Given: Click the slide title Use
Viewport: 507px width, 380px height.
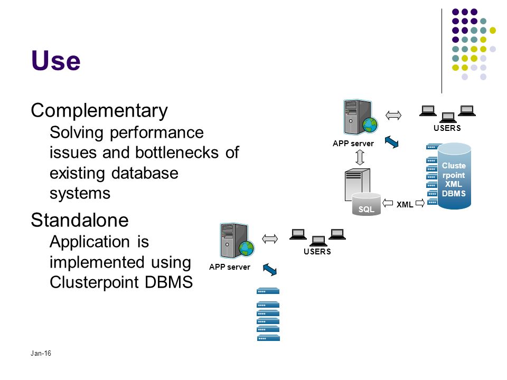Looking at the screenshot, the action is [55, 60].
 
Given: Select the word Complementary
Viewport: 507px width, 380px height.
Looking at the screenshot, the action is [99, 111].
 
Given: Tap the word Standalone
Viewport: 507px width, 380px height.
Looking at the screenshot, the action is [80, 220].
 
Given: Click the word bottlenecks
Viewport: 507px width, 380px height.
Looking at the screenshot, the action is [177, 153].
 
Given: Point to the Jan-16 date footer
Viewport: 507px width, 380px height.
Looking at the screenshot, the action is [41, 353].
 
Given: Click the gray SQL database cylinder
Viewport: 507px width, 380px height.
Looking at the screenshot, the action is [367, 204].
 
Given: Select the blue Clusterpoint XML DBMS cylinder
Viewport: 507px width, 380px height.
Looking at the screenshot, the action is [454, 176].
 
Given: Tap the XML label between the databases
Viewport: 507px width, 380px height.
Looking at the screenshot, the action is [405, 205].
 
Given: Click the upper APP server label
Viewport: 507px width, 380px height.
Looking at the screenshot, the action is [353, 144].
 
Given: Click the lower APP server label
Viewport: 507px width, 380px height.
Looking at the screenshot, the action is [230, 267].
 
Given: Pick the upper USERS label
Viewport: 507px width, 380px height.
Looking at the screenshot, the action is [447, 128].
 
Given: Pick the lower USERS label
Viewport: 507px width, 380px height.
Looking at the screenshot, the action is [317, 252].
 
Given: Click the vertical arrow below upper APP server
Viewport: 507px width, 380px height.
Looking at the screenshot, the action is [360, 158].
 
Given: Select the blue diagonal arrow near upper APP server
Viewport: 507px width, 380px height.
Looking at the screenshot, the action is [391, 142].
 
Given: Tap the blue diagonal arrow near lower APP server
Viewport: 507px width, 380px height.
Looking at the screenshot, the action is [270, 270].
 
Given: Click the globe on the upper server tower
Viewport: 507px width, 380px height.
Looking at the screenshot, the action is [370, 125].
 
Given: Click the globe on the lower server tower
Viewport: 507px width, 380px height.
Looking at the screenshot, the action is [247, 249].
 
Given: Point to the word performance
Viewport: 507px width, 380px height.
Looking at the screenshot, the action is [157, 133].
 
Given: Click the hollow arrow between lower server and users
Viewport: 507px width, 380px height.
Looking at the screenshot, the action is [270, 239].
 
